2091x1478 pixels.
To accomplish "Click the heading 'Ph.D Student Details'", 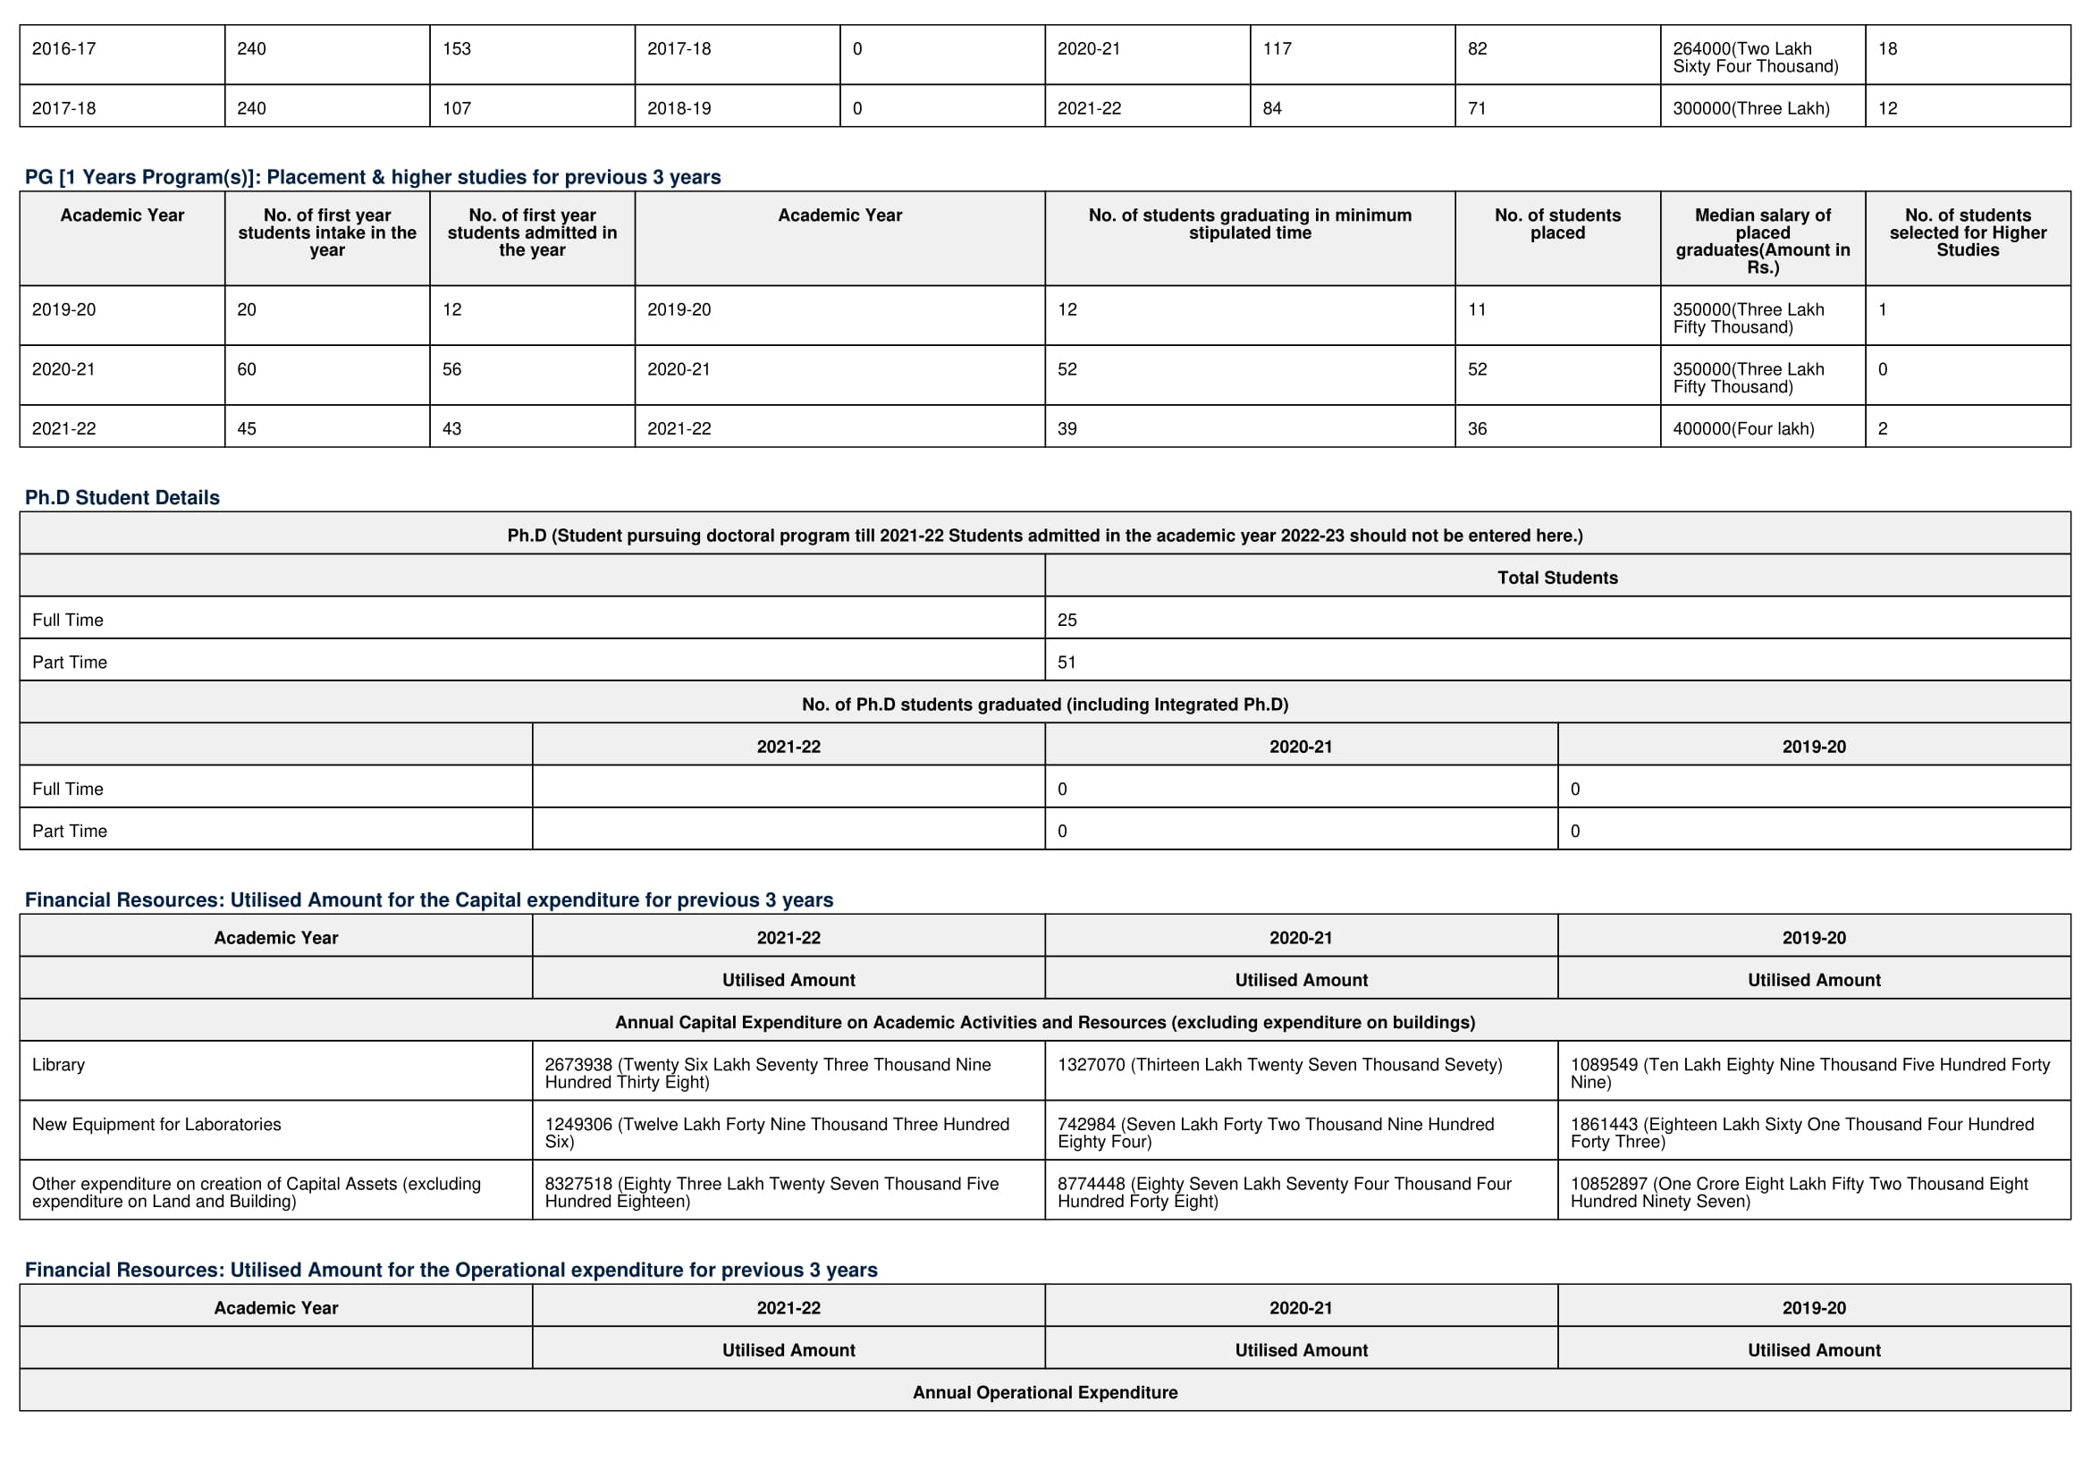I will click(122, 497).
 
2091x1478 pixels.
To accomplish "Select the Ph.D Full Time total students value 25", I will click(1067, 621).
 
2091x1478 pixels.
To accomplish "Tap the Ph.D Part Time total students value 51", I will click(1067, 662).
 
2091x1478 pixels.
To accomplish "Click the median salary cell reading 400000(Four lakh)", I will click(1743, 429).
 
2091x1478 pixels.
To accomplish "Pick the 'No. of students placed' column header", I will click(1557, 224).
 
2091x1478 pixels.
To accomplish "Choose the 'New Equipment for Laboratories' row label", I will click(156, 1125).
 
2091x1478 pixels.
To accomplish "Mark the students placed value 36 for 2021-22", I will click(1477, 429).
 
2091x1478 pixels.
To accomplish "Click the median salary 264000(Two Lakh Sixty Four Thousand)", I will click(1755, 57).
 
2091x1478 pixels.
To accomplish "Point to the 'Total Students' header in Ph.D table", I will click(1557, 578).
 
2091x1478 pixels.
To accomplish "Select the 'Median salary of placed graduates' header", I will click(1762, 241).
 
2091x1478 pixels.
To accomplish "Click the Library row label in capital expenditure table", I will click(58, 1065).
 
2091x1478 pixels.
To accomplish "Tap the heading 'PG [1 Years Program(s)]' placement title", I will click(373, 177).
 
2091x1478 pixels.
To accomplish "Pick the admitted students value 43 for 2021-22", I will click(451, 429).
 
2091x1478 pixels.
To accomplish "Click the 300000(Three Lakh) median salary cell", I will click(1750, 108).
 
